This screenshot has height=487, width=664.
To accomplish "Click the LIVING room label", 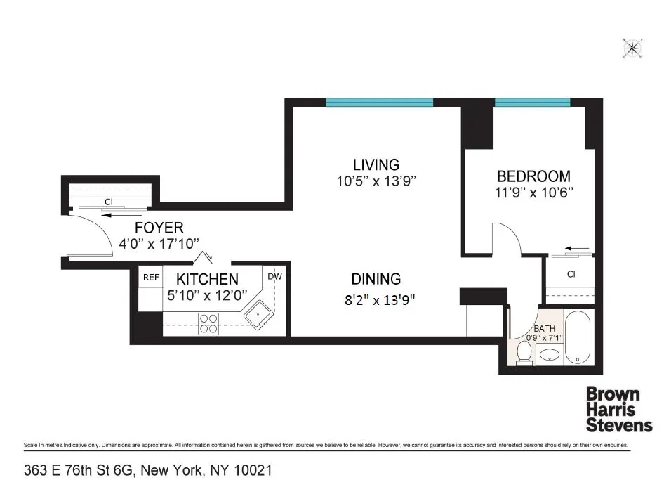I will tap(376, 164).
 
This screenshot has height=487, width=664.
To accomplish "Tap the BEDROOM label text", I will tap(533, 176).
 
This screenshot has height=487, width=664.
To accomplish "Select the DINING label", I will tap(376, 279).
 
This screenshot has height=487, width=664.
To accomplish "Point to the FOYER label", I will tap(159, 228).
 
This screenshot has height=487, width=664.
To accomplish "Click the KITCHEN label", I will tap(206, 279).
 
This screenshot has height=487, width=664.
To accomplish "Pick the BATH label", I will tap(544, 328).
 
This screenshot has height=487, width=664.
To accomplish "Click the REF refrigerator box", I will tap(150, 277).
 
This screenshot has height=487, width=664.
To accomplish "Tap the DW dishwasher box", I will tap(275, 277).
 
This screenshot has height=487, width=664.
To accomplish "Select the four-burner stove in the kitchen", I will tap(208, 323).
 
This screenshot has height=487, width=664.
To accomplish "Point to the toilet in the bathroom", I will tap(523, 351).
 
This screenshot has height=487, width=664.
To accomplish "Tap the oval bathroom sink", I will tap(548, 356).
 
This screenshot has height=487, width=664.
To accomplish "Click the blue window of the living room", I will tap(379, 102).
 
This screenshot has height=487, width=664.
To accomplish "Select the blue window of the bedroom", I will tap(531, 102).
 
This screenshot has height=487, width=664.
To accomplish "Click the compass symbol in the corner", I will tap(632, 48).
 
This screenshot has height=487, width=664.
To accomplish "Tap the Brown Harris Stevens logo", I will tap(619, 409).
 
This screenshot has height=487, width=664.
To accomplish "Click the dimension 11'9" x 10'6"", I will tap(533, 193).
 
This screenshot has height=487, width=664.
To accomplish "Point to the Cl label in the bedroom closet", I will tap(571, 275).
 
